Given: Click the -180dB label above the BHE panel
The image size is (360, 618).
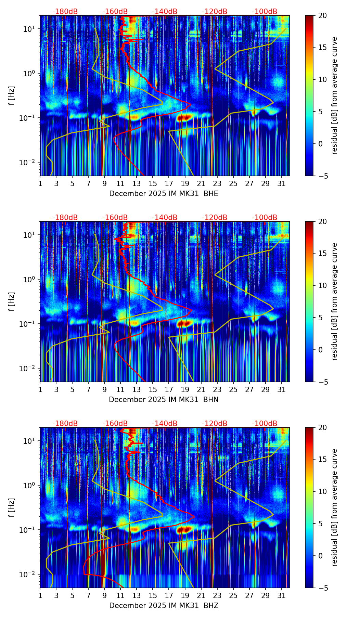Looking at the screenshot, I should [65, 12].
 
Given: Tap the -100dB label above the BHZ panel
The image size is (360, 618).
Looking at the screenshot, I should [265, 424].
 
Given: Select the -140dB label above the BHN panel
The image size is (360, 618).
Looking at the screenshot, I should [165, 218].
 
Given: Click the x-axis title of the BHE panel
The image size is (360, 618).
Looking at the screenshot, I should [164, 194].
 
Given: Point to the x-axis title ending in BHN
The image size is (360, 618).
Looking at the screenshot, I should [164, 400].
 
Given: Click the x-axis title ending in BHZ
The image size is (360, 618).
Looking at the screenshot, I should [164, 606].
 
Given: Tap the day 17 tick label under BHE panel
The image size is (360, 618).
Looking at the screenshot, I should [169, 183].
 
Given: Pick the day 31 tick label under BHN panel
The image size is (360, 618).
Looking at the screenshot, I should [282, 389].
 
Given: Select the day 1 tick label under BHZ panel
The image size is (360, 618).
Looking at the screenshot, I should [40, 595].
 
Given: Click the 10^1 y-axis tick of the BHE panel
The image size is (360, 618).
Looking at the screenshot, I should [29, 29].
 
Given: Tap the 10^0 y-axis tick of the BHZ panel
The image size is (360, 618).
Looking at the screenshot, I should [29, 485].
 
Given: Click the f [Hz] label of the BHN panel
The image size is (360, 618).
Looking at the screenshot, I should [12, 301].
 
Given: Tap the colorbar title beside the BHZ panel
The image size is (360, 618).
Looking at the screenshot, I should [334, 507].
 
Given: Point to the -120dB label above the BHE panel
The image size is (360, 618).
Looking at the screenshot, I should [215, 12].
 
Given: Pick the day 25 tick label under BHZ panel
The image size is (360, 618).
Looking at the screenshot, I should [233, 595].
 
